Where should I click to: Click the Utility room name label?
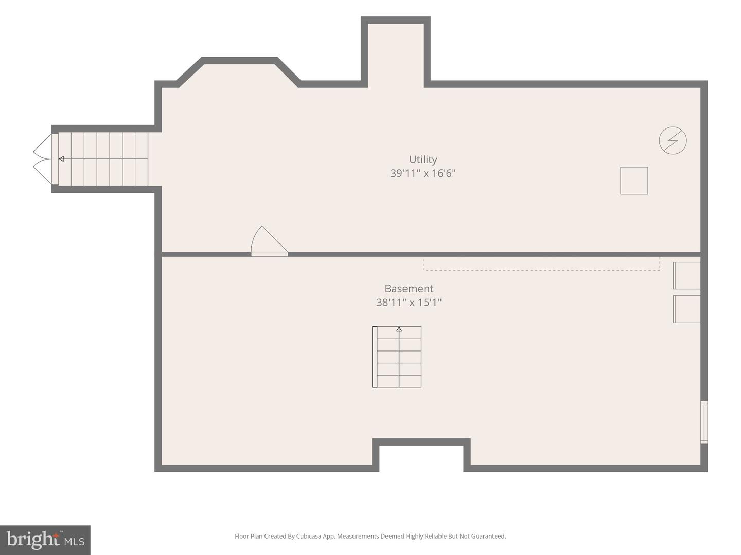pos(423,159)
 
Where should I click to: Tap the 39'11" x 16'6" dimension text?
pos(423,173)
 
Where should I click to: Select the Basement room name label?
pos(409,288)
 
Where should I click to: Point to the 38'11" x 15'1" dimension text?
pos(409,302)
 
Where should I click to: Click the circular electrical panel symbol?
pos(673,140)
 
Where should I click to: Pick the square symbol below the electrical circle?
pos(634,180)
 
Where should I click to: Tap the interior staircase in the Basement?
pos(397,357)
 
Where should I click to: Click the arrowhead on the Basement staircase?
pos(399,329)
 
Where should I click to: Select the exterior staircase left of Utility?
pos(103,159)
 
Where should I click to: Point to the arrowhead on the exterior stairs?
pos(61,159)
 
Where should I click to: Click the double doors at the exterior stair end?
pos(43,159)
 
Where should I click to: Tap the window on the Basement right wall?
pos(704,422)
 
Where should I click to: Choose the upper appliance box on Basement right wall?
pos(686,275)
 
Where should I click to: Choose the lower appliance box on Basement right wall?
pos(686,309)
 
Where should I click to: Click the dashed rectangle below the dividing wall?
pos(542,264)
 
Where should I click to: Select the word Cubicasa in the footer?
pos(309,536)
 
